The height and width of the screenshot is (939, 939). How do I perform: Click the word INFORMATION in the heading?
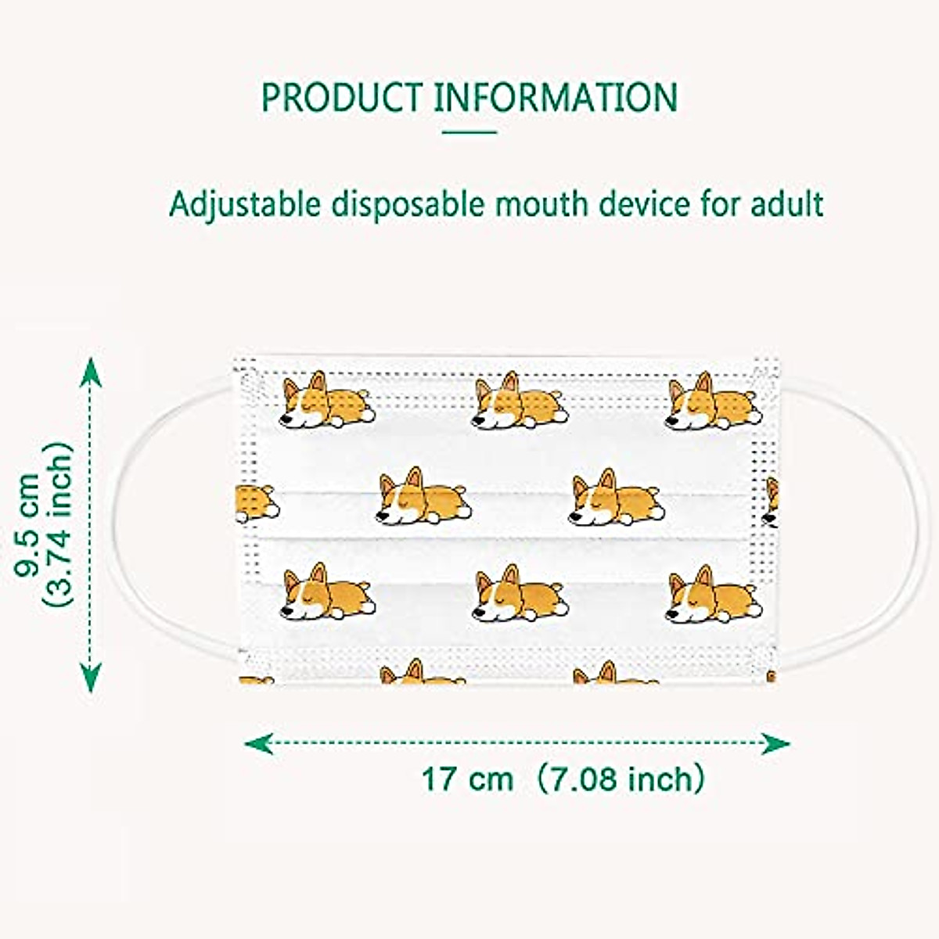(556, 97)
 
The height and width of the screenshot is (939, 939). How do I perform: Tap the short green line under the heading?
(469, 131)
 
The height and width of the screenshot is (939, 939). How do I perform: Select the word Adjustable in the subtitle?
(245, 205)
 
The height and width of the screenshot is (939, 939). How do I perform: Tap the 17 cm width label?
(468, 779)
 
